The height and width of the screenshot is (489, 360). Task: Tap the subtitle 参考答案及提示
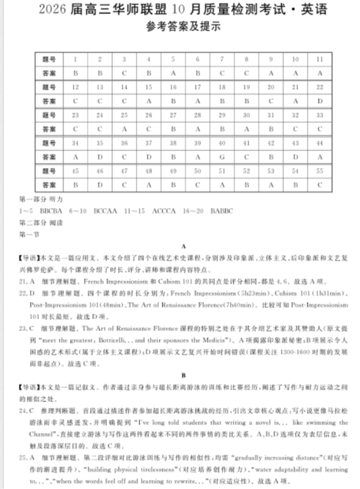[x=180, y=28]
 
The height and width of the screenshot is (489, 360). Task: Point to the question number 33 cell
[x=319, y=115]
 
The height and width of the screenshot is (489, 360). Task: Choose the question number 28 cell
[x=197, y=115]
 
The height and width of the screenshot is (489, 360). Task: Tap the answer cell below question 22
[x=319, y=101]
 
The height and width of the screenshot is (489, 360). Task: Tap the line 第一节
[x=25, y=235]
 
